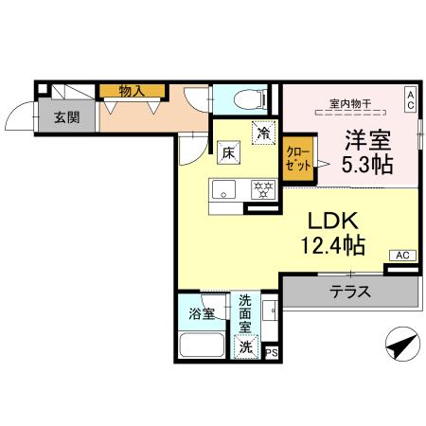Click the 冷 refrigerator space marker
click(x=264, y=133)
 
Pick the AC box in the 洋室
click(x=410, y=98)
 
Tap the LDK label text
click(x=330, y=220)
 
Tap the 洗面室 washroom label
click(x=246, y=313)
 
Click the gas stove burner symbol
click(x=261, y=187)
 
